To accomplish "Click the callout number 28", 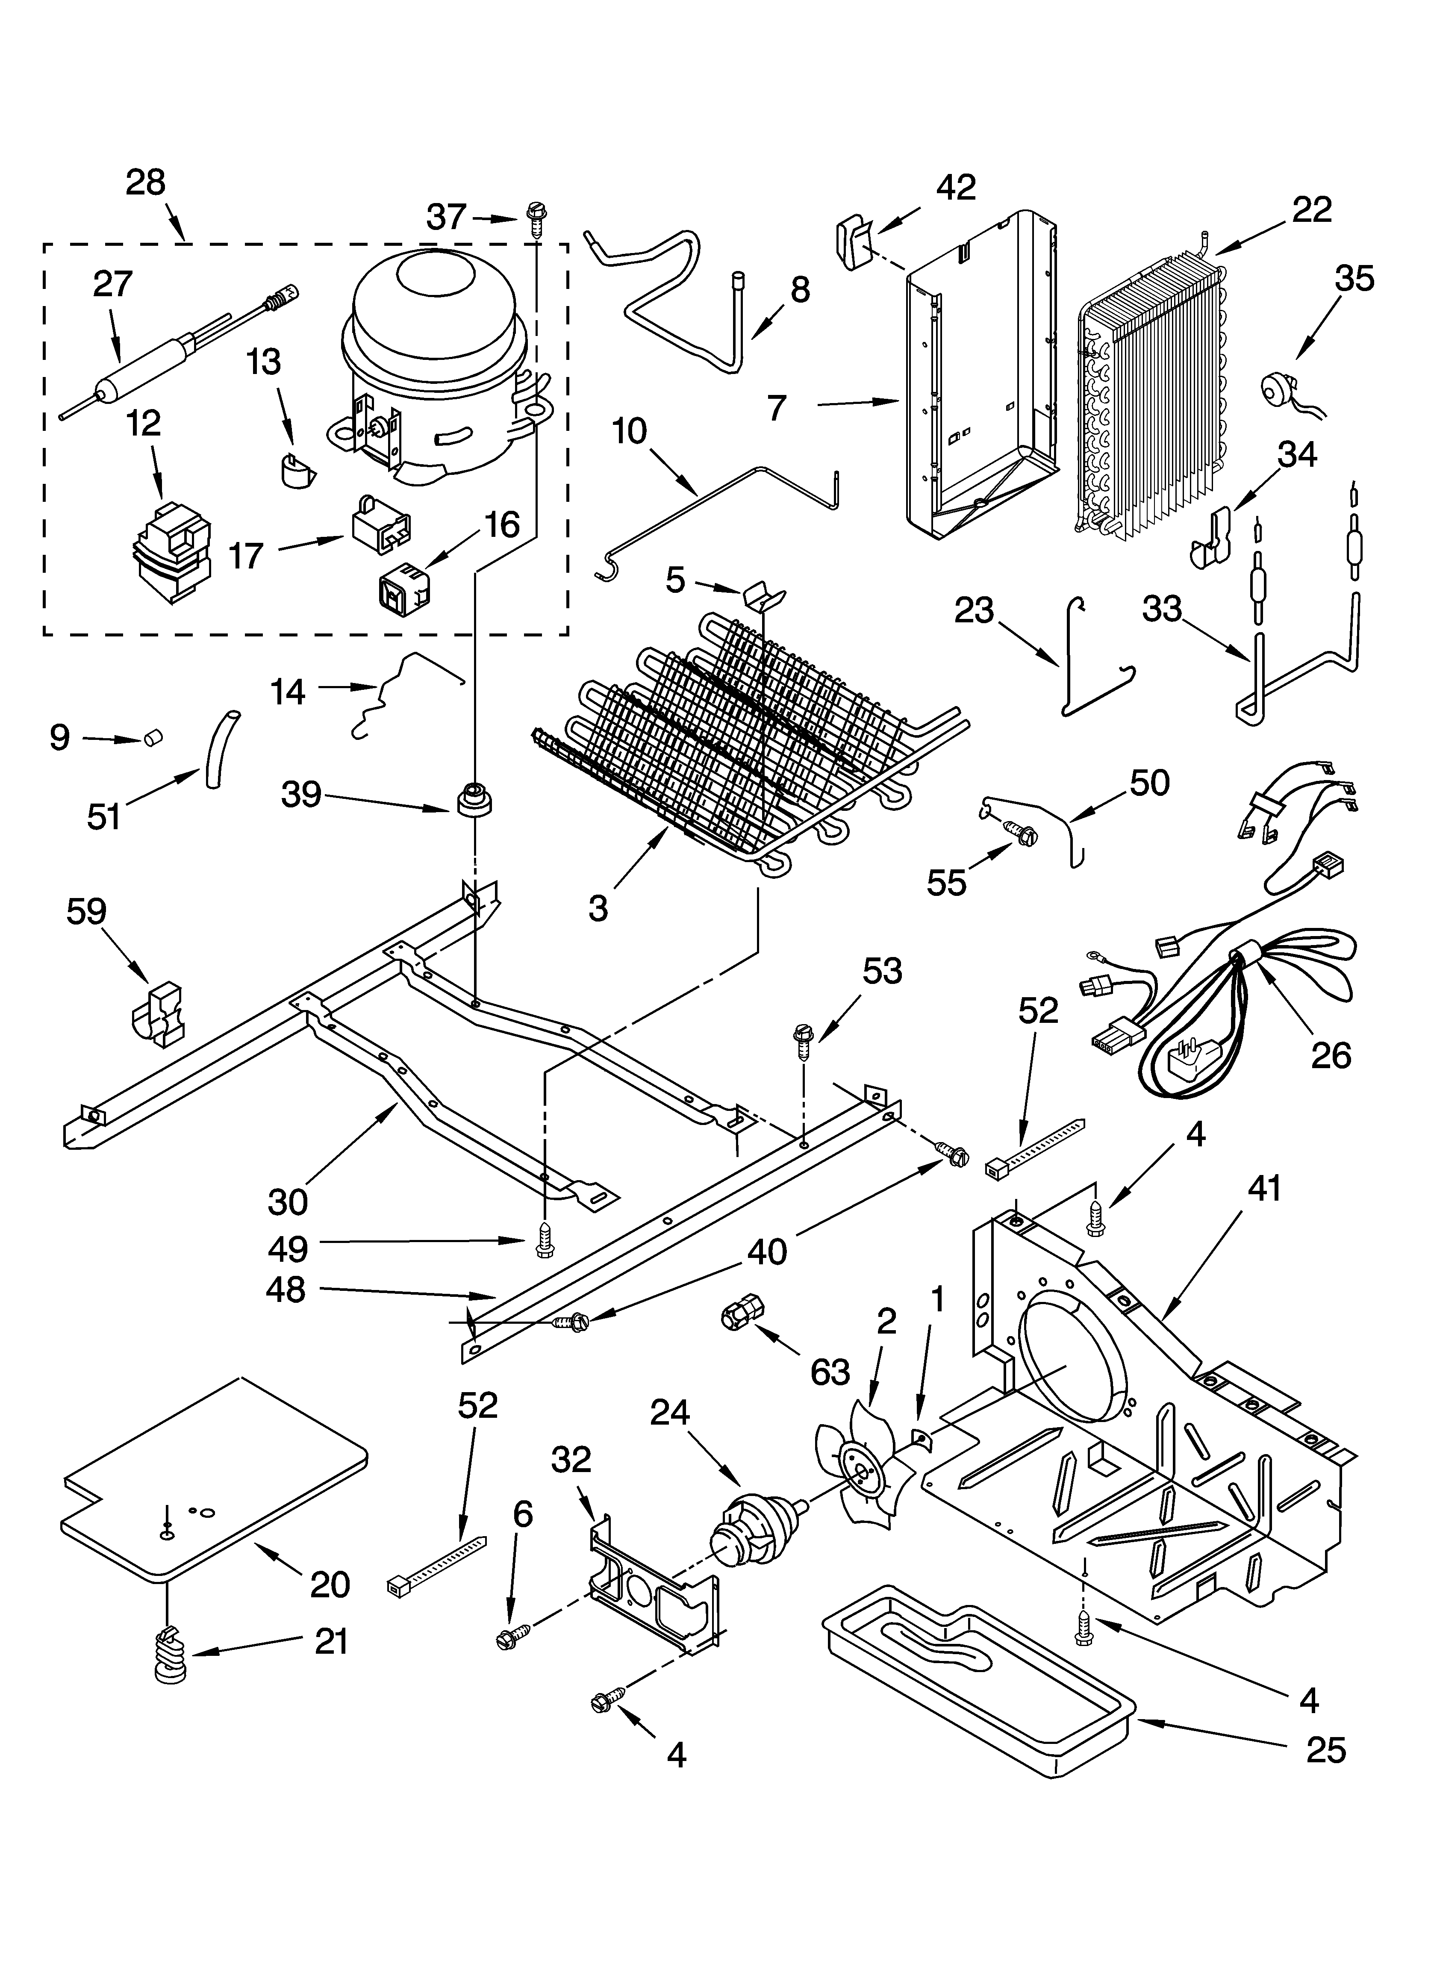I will click(144, 183).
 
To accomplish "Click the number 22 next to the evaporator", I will click(1312, 210).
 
